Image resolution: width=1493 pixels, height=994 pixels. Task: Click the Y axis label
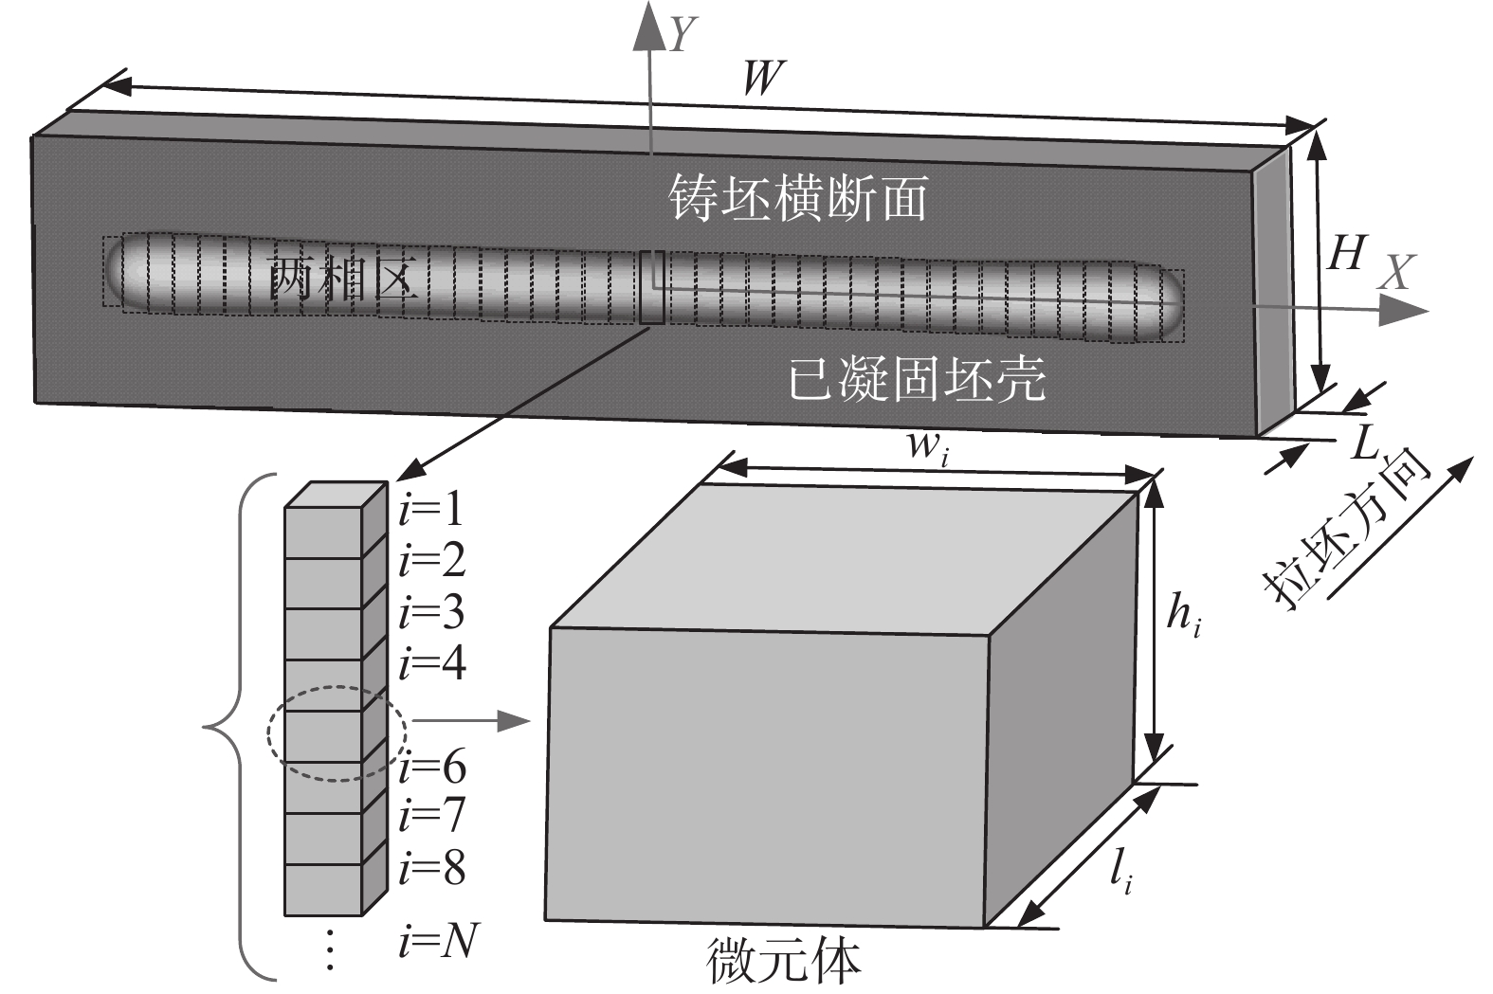(x=683, y=37)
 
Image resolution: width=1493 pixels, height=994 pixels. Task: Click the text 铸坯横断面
(x=798, y=199)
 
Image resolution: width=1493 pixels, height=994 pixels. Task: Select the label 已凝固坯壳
(x=918, y=379)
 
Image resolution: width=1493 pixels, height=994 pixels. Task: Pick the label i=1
(x=431, y=511)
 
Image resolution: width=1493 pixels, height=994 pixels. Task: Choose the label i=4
(x=432, y=664)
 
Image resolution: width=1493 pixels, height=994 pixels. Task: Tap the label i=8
(x=432, y=868)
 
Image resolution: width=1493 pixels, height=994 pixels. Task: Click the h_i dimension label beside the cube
(x=1184, y=619)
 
